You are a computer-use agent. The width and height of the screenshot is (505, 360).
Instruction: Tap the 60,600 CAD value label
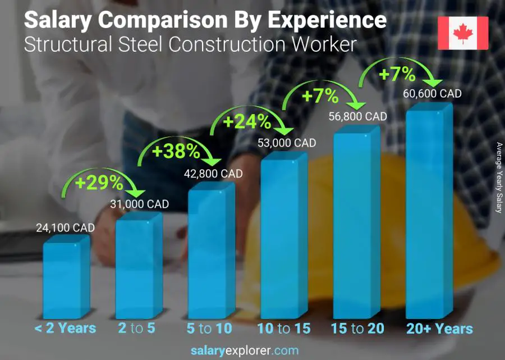click(x=432, y=94)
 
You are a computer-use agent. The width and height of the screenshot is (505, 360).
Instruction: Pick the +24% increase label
click(x=248, y=121)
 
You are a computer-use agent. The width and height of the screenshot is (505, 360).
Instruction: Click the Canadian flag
click(x=463, y=33)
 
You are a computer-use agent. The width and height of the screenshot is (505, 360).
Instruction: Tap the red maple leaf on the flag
click(x=463, y=33)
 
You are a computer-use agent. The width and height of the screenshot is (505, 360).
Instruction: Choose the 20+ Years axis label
click(x=439, y=328)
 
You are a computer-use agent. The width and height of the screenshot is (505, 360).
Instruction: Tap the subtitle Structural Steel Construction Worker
click(x=190, y=44)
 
